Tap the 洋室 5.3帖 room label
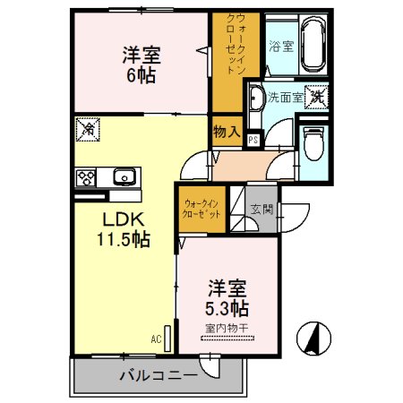click(x=228, y=298)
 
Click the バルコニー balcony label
click(x=158, y=374)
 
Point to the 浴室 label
click(x=281, y=45)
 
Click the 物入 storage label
click(x=226, y=131)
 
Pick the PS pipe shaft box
click(x=253, y=139)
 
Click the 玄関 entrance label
click(x=262, y=210)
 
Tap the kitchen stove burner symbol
click(x=88, y=176)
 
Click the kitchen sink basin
click(x=123, y=176)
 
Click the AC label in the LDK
click(x=154, y=341)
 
